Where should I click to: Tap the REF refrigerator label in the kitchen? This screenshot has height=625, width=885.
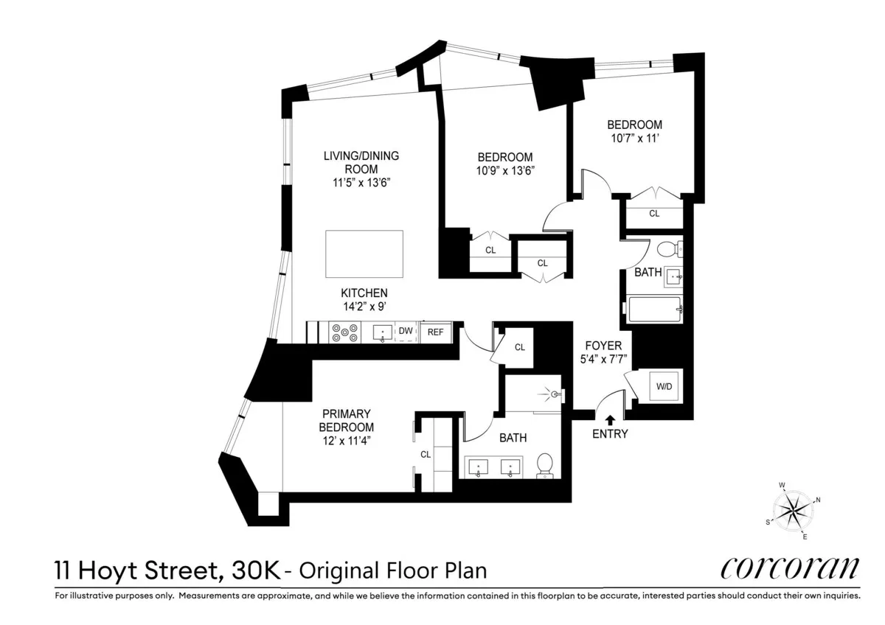coord(435,332)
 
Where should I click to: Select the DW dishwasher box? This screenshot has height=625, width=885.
coord(406,332)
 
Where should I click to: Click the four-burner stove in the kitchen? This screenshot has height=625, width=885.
coord(344,333)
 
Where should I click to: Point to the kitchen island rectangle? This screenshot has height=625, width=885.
coord(364,254)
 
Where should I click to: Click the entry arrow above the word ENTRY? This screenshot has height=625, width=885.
coord(610,420)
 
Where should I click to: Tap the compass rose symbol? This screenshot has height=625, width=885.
coord(794,510)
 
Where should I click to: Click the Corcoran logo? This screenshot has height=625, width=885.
coord(790,568)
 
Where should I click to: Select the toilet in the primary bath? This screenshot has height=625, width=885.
coord(545,464)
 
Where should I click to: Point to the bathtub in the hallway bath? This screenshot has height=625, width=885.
coord(653,310)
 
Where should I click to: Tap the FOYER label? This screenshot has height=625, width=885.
coord(603,346)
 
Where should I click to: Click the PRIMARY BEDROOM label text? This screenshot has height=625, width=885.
coord(346,420)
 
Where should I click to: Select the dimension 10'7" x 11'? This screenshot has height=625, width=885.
coord(634,139)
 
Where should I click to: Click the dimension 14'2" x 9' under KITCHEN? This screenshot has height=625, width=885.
coord(364,306)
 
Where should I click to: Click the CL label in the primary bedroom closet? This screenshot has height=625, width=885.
coord(425,455)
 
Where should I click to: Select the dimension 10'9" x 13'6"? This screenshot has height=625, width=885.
coord(505,170)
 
